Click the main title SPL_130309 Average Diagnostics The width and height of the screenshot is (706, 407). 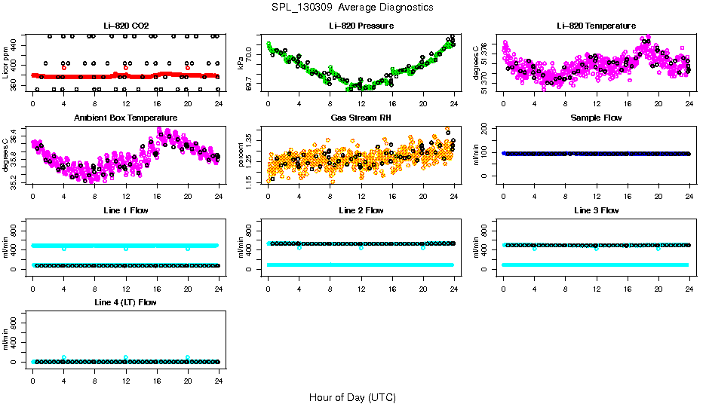(x=353, y=7)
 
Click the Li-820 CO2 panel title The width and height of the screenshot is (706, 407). (x=126, y=26)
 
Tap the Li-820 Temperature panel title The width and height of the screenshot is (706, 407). (x=596, y=26)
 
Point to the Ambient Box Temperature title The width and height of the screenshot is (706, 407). (x=126, y=118)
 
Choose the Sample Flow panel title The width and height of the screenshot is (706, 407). (x=596, y=118)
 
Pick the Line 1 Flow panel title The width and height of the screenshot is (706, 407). (x=126, y=210)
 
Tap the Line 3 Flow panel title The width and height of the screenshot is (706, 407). (x=596, y=210)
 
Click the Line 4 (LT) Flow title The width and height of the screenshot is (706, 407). (x=126, y=302)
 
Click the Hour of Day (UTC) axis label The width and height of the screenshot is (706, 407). (x=352, y=397)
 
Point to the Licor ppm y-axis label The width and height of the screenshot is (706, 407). (x=6, y=62)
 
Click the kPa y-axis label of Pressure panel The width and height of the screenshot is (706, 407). (x=241, y=63)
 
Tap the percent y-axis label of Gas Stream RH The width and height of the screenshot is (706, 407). (x=241, y=155)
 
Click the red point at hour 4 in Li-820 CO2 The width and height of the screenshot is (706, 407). (x=64, y=68)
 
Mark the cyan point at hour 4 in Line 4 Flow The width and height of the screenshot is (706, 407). (x=64, y=357)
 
